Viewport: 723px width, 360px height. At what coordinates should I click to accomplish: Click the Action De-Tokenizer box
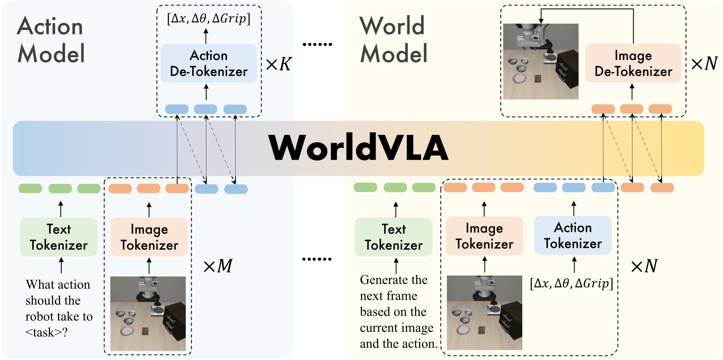[208, 63]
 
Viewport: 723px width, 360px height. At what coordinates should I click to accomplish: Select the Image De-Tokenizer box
[633, 63]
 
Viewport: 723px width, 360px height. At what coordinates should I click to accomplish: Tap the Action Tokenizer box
[573, 235]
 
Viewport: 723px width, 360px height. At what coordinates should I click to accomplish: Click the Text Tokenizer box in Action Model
[59, 237]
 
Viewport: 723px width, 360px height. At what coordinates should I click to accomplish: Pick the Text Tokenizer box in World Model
[393, 237]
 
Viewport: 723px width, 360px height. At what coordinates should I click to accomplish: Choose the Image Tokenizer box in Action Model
[149, 237]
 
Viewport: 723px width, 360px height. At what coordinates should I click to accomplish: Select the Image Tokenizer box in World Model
[484, 236]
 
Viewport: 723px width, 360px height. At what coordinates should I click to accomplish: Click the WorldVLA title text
[358, 148]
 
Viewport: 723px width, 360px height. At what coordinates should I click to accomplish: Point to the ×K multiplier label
[278, 64]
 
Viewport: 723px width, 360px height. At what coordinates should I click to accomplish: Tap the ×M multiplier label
[218, 266]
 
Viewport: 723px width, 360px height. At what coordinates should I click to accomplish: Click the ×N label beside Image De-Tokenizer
[704, 64]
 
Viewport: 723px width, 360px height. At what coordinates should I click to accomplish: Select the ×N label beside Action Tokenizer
[644, 266]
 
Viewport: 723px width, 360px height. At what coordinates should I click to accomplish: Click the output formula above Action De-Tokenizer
[208, 19]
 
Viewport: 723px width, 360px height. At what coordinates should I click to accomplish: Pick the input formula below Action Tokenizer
[571, 284]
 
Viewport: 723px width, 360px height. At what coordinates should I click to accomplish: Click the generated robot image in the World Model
[540, 61]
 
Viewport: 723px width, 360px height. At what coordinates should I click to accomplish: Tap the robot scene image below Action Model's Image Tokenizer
[148, 313]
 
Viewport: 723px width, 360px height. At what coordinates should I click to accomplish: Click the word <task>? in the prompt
[46, 333]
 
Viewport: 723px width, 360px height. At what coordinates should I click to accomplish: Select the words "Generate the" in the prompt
[393, 280]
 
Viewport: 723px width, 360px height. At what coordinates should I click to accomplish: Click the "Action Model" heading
[51, 40]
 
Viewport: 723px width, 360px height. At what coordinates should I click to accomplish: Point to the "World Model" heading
[393, 40]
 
